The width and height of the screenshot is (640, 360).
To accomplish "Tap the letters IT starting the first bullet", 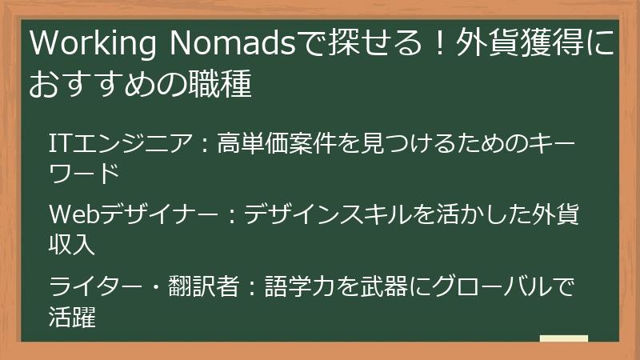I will [x=58, y=145].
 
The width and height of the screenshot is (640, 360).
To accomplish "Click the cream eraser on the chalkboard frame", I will [x=564, y=338].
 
